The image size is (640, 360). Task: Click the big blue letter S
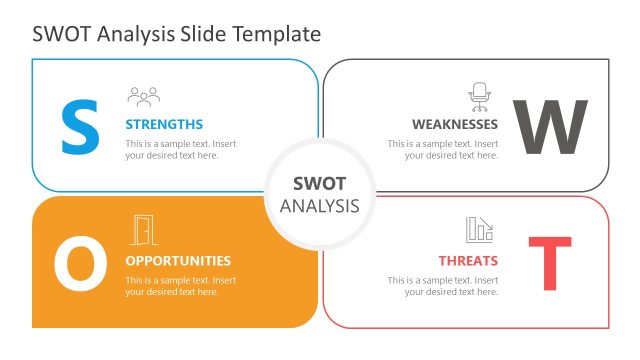coord(81,126)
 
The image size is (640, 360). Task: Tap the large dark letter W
coord(549,127)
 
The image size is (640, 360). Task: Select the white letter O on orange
coord(79,264)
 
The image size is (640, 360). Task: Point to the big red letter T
coord(549,264)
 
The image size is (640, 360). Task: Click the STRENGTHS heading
coord(164,125)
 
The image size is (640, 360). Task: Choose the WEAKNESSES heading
coord(455,125)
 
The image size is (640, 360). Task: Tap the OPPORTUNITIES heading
coord(178,261)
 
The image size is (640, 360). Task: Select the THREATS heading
coord(468,261)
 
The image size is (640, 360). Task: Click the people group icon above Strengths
coord(144,96)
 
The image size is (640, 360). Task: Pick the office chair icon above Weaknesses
coord(480,96)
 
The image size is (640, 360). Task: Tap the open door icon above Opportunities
coord(144,230)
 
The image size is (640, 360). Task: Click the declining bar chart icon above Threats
coord(479,230)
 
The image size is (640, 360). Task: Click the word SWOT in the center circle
coord(319,184)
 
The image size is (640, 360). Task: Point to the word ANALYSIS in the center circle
coord(319,206)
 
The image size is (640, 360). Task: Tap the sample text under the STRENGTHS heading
coord(181,150)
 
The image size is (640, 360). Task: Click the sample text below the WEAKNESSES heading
coord(443,150)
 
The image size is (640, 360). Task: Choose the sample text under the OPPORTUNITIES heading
coord(181,286)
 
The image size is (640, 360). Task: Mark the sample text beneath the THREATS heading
coord(443,286)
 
